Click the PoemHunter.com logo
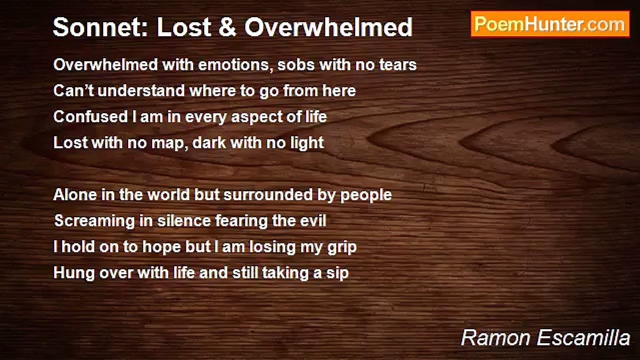[x=550, y=24]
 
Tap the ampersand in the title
[x=227, y=27]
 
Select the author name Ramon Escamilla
[x=545, y=338]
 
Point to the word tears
[x=396, y=65]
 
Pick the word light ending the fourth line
[x=306, y=143]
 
